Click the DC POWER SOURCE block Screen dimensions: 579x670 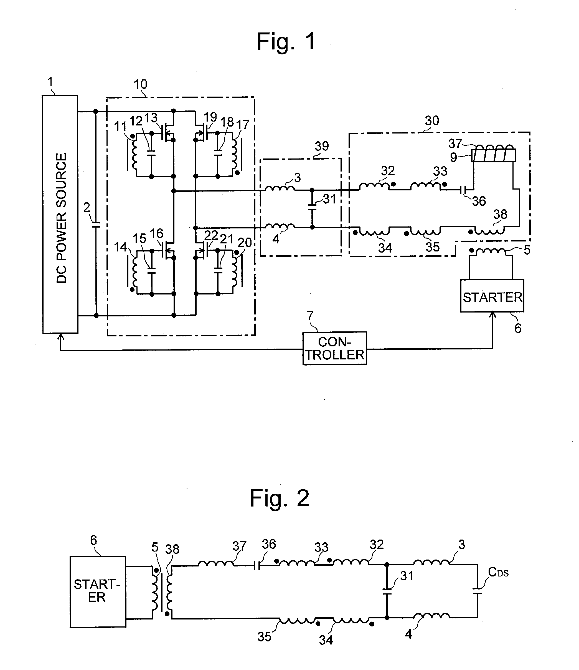point(60,214)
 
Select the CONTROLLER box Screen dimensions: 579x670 point(335,348)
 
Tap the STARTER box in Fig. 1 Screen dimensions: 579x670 point(492,296)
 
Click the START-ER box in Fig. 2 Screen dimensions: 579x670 point(98,592)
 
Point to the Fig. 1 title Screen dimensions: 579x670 point(286,41)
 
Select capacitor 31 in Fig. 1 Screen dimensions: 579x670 point(312,207)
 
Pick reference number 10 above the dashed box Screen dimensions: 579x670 point(141,84)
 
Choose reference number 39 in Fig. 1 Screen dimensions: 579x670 point(322,147)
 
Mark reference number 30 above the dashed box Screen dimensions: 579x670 point(432,121)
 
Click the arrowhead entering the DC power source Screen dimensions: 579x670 point(60,337)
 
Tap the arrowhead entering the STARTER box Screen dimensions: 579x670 point(492,316)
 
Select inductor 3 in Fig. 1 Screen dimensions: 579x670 point(280,188)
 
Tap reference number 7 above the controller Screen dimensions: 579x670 point(310,316)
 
